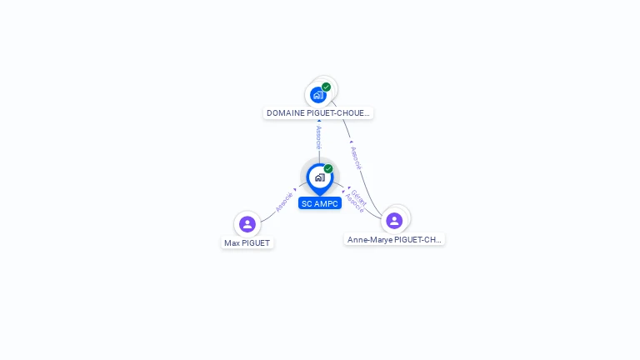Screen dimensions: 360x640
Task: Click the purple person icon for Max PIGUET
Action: click(x=247, y=223)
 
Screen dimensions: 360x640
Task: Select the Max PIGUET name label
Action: click(x=247, y=242)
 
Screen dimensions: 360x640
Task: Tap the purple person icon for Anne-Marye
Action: click(x=394, y=220)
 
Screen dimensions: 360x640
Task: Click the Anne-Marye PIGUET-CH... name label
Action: click(x=394, y=239)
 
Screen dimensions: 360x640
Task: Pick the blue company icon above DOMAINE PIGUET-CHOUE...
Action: click(x=317, y=95)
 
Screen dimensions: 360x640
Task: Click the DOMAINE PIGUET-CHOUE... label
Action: click(x=318, y=112)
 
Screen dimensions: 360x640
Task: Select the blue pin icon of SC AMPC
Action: click(x=319, y=177)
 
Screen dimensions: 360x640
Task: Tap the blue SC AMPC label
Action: click(x=320, y=203)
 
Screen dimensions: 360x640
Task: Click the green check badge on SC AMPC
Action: click(x=328, y=169)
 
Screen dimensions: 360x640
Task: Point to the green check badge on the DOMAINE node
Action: click(x=326, y=87)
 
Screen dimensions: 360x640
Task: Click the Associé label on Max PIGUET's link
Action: click(x=284, y=201)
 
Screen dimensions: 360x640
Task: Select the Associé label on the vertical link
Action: click(x=318, y=137)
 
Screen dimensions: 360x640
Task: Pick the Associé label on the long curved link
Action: click(x=357, y=157)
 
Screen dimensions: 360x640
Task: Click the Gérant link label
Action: click(x=358, y=197)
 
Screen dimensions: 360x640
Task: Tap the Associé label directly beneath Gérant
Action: click(x=354, y=203)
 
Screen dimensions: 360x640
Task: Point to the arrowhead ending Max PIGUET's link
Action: click(x=295, y=189)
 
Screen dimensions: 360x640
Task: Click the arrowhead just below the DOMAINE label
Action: click(x=318, y=122)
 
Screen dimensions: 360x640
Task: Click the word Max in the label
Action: click(x=232, y=242)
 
